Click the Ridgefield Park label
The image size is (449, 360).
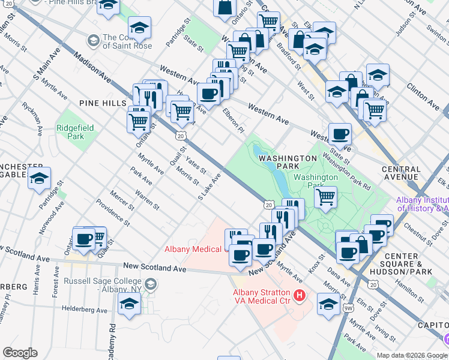point(70,132)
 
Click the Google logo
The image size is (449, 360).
point(20,353)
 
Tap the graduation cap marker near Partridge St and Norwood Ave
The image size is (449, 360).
point(40,178)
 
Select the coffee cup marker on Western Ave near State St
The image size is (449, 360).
point(340,135)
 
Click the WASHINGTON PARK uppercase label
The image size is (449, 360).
point(288,158)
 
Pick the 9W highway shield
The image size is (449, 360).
point(349,308)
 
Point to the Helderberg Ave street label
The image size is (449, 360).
point(85,310)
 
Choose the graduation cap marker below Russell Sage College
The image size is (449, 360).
point(129,305)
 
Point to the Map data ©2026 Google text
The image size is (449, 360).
point(412,355)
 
